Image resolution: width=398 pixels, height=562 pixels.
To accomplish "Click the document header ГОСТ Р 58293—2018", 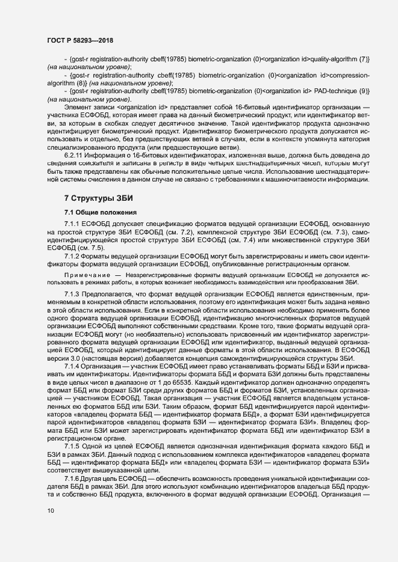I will (79, 41).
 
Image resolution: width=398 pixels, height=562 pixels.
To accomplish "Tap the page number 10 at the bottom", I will (50, 511).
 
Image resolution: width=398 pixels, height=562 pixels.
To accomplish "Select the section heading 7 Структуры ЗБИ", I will (98, 198).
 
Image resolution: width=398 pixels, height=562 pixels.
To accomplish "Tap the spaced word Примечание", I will (84, 274).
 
